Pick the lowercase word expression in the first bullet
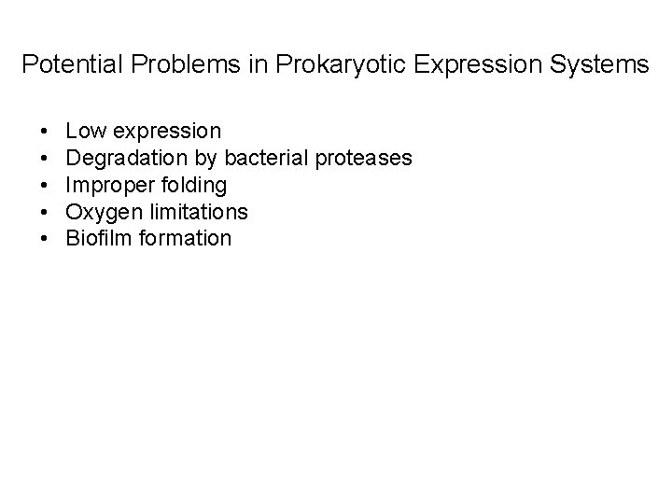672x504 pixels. click(x=165, y=132)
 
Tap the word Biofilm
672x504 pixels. click(x=99, y=238)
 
